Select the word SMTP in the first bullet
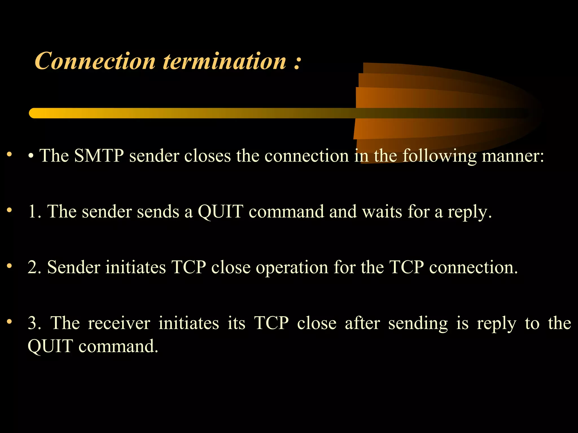pos(99,156)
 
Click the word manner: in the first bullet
pos(513,156)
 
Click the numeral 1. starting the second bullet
pos(34,211)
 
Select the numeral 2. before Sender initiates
pos(34,267)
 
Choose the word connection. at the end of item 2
pos(473,267)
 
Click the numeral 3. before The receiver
pos(34,323)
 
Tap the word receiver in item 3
pos(119,323)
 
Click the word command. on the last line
pos(118,346)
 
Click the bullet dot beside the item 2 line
pos(10,266)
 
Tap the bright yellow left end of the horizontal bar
pos(35,113)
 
